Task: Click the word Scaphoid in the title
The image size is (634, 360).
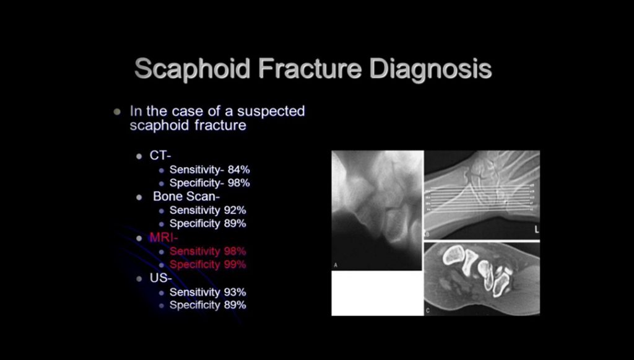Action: click(x=193, y=69)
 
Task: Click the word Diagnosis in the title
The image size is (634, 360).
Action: click(x=430, y=69)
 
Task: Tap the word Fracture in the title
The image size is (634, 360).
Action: click(x=310, y=68)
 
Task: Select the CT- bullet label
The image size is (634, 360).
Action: click(x=160, y=156)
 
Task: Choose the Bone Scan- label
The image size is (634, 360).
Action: click(x=186, y=196)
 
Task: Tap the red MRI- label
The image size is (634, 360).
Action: click(x=163, y=237)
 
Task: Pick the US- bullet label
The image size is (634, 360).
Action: click(x=161, y=278)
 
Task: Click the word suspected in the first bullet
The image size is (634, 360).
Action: click(x=271, y=112)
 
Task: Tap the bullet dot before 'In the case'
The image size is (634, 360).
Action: click(x=117, y=112)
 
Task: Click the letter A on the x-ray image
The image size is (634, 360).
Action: click(x=336, y=265)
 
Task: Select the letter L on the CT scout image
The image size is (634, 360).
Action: click(x=537, y=230)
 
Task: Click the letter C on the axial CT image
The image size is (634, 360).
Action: click(x=428, y=311)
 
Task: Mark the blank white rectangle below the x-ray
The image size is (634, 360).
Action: click(x=377, y=293)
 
